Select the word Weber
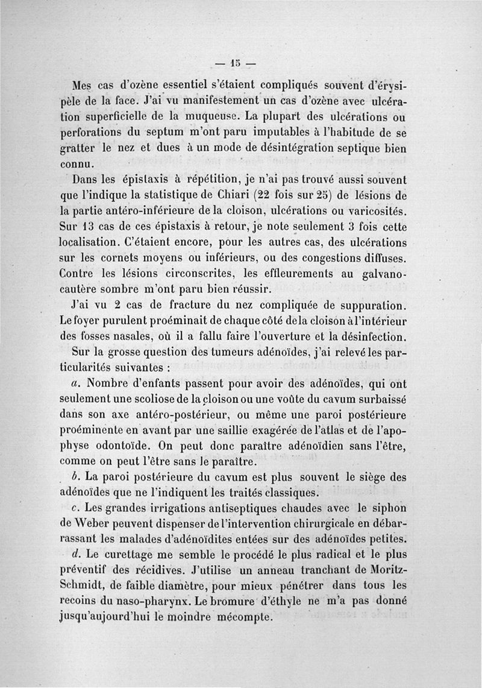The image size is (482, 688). (98, 522)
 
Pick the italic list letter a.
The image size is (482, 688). (75, 383)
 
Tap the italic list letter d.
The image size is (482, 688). (75, 554)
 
